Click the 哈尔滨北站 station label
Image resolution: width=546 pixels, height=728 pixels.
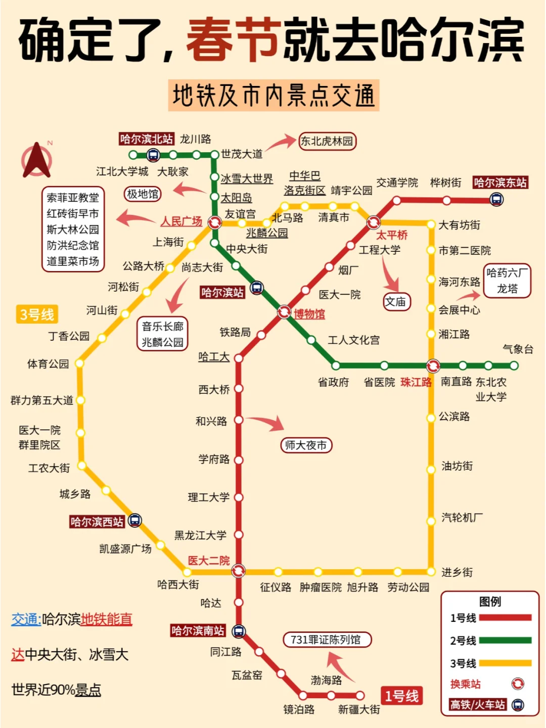pos(146,139)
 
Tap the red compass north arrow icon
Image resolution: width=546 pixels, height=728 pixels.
pos(36,161)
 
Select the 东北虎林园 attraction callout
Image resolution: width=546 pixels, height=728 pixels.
pos(327,141)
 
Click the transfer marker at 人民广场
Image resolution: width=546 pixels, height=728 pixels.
pos(215,222)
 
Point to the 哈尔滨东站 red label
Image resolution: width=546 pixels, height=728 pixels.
pos(500,183)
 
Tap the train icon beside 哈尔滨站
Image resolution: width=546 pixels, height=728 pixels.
pos(257,288)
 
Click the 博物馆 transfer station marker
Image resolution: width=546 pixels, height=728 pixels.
pos(284,312)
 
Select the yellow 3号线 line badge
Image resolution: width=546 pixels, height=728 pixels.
pos(37,314)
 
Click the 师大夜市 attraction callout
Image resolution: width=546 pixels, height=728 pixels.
pos(306,445)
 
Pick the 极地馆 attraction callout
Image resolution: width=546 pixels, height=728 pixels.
pos(143,194)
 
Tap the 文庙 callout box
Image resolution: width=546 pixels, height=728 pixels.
pos(396,302)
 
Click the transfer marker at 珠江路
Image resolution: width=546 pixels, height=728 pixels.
pos(433,366)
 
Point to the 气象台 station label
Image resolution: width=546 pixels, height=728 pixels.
pos(518,349)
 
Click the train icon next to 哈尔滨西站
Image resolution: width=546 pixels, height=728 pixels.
pos(134,520)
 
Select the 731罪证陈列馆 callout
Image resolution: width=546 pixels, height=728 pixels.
pos(326,640)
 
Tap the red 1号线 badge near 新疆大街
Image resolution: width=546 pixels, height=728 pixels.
pos(401,696)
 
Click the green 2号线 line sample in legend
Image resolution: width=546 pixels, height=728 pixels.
pos(505,641)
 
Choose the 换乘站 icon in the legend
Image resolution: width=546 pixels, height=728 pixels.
pos(518,684)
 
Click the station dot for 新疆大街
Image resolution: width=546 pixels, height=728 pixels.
pos(360,696)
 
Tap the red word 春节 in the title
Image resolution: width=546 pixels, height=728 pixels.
pos(233,39)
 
